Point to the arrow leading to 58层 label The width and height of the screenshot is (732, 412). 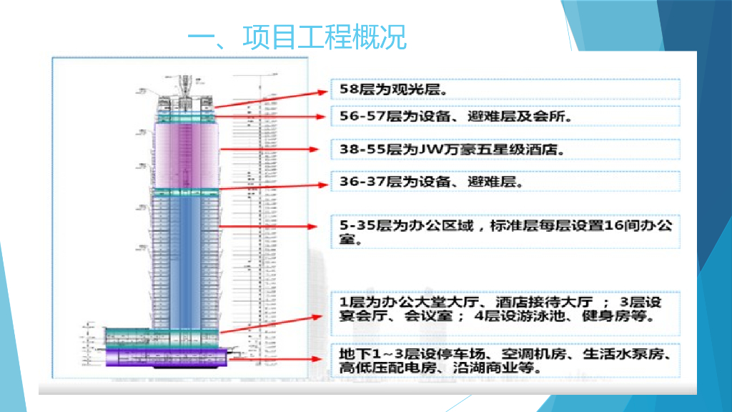(x=272, y=99)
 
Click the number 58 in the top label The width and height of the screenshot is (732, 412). (x=347, y=90)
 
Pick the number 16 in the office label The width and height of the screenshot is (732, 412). (x=613, y=226)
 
